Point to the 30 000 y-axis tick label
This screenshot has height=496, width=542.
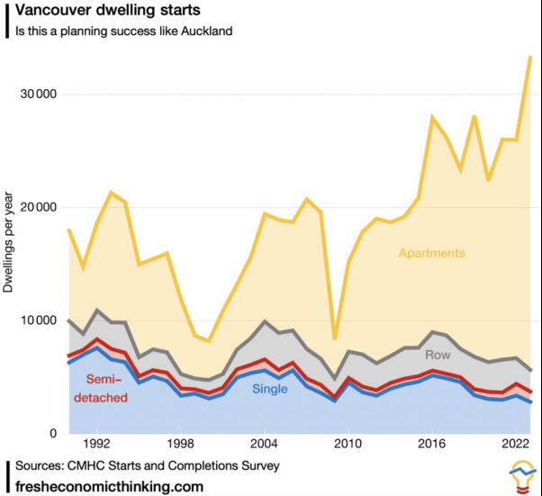point(39,95)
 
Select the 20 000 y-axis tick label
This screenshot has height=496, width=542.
point(39,207)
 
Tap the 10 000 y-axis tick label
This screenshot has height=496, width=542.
point(39,320)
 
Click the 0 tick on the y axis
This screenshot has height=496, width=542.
point(54,433)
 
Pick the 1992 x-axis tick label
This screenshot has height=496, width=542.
point(96,445)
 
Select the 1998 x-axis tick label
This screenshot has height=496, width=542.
point(180,445)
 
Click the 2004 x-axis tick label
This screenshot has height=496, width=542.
point(264,445)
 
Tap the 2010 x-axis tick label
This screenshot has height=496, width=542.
point(347,445)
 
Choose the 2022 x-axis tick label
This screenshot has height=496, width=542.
point(513,445)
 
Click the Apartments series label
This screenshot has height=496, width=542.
point(433,254)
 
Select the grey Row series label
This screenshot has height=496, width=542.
point(438,355)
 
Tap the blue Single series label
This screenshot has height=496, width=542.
point(270,389)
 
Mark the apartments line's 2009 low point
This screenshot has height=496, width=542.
point(333,338)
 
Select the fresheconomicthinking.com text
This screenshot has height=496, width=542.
point(108,486)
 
